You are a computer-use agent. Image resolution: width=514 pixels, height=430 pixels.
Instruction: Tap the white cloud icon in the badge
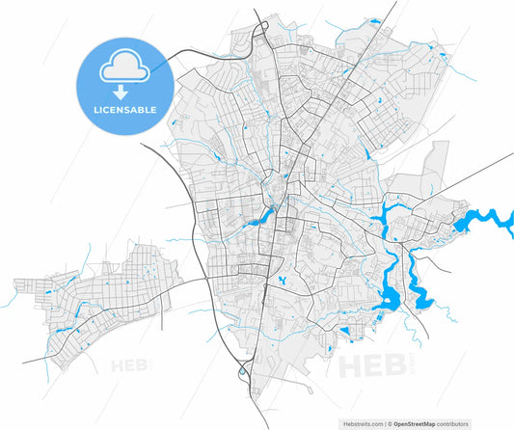click(x=122, y=66)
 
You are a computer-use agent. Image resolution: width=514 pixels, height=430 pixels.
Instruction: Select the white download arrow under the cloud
click(x=122, y=93)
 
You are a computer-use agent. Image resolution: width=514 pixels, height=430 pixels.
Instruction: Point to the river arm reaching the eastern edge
click(x=487, y=219)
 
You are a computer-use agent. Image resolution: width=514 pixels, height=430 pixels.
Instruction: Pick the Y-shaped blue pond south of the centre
click(x=282, y=281)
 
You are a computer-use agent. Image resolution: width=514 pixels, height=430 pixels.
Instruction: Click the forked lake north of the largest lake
click(x=393, y=221)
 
